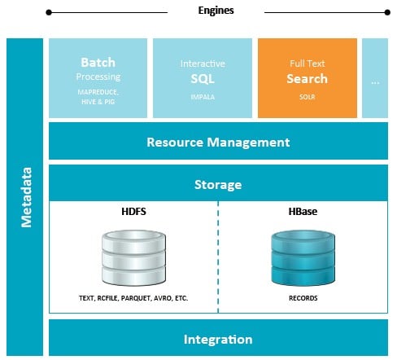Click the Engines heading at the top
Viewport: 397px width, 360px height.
216,11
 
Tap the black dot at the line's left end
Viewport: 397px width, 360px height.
49,12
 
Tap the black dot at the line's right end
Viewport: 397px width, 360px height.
387,12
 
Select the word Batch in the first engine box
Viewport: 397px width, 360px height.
98,63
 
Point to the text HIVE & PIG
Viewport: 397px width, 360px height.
98,102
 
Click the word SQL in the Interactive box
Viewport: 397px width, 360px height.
203,79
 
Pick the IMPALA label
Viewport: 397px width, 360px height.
203,97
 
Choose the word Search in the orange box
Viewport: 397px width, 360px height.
307,79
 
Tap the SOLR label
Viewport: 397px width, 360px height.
307,97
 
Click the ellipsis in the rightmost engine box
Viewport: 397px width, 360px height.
375,82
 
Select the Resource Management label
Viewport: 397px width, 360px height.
218,143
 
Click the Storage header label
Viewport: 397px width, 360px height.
218,185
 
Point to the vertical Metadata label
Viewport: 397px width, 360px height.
27,197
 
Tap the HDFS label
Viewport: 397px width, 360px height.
133,212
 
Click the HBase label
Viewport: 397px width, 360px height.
303,212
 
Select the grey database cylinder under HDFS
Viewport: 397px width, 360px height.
134,257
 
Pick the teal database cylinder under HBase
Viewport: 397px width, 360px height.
303,257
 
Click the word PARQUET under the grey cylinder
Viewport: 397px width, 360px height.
137,298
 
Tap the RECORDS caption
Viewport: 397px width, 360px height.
303,298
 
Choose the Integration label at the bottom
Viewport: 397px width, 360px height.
218,340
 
